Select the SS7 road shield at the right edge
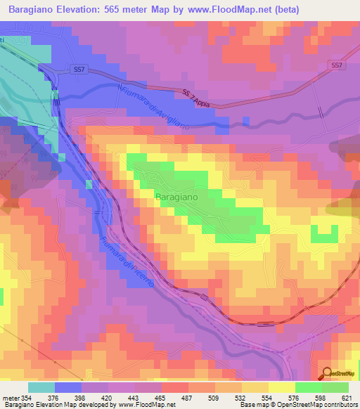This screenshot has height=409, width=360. coord(338,65)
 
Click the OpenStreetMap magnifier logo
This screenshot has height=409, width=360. coord(328,374)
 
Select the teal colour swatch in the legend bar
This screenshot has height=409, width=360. coord(41,387)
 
